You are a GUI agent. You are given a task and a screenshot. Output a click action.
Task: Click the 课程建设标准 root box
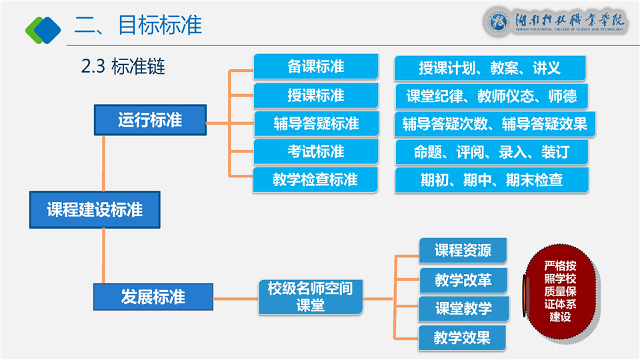(x=95, y=209)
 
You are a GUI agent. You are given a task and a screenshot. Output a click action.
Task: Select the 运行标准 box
(x=150, y=121)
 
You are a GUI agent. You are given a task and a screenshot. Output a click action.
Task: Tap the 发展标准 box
(x=153, y=297)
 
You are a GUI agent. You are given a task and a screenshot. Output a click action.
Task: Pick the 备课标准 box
(x=315, y=67)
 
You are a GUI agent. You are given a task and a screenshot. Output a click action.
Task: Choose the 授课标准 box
(x=315, y=95)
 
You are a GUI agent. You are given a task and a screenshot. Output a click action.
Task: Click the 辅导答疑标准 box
(x=315, y=124)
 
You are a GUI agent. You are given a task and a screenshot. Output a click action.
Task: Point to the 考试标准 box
(x=315, y=152)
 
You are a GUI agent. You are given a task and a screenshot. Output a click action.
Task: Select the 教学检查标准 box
(x=315, y=180)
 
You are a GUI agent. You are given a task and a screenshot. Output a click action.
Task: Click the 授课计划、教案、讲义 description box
(x=489, y=68)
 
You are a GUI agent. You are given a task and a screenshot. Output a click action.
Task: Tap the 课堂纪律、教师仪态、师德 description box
(x=491, y=96)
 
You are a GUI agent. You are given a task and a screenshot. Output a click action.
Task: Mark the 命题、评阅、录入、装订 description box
(x=491, y=152)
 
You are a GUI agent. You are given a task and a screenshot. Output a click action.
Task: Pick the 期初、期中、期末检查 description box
(x=491, y=180)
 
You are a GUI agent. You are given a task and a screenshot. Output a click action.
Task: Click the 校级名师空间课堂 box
(x=310, y=297)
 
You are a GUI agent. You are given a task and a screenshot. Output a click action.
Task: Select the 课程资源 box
(x=463, y=251)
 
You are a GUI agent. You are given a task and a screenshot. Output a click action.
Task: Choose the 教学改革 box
(x=463, y=280)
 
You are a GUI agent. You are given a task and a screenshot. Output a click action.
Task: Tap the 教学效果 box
(x=462, y=337)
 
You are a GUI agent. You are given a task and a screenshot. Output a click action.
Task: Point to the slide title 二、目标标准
(x=138, y=25)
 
